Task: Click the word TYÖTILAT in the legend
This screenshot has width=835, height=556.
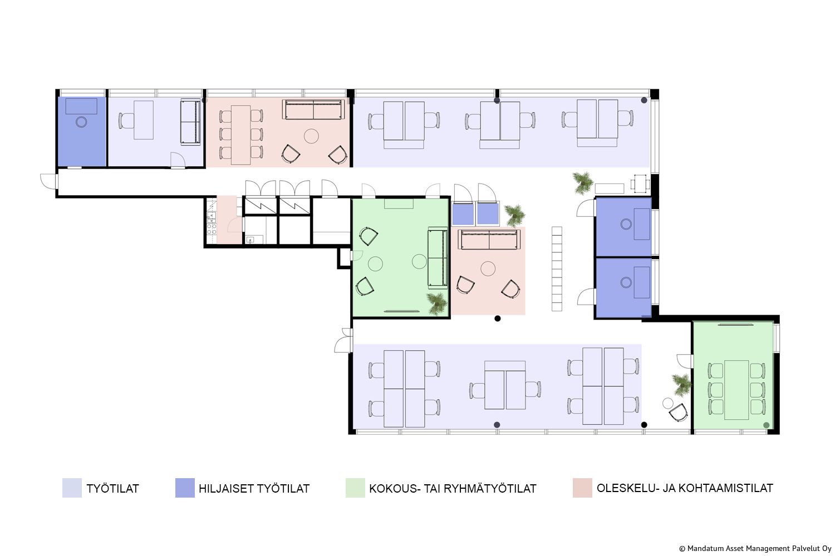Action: pyautogui.click(x=112, y=489)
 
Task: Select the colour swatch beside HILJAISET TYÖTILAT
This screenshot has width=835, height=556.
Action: pyautogui.click(x=185, y=488)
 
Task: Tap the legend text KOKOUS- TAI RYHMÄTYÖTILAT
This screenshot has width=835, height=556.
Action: pyautogui.click(x=453, y=489)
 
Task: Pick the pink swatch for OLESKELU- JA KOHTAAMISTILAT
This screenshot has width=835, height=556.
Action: pyautogui.click(x=582, y=488)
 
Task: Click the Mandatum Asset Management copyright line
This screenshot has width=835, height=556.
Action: pyautogui.click(x=755, y=549)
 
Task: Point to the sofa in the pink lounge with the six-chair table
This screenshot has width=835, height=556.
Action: pyautogui.click(x=313, y=110)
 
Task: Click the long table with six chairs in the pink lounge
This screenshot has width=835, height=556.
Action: pyautogui.click(x=240, y=135)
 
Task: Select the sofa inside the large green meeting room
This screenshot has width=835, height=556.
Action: pyautogui.click(x=438, y=257)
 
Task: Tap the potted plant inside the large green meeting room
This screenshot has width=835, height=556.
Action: pyautogui.click(x=437, y=303)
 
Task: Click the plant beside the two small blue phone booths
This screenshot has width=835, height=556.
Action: pyautogui.click(x=515, y=215)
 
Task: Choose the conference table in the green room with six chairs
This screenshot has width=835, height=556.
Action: pyautogui.click(x=736, y=390)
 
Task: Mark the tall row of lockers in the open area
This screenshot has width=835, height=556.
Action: pyautogui.click(x=557, y=269)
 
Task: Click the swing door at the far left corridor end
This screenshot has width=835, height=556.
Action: pyautogui.click(x=49, y=181)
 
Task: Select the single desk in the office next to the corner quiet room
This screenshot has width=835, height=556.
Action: pyautogui.click(x=144, y=120)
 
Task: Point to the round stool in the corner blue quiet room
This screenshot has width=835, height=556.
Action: pyautogui.click(x=81, y=122)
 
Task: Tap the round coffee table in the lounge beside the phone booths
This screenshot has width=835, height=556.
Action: pyautogui.click(x=488, y=269)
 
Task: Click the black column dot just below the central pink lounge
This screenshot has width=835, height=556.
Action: pyautogui.click(x=498, y=319)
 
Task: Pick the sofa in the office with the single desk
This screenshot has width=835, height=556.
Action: pyautogui.click(x=190, y=122)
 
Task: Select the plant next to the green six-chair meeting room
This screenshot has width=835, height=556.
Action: pyautogui.click(x=682, y=385)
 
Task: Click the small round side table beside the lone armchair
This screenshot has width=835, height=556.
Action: pyautogui.click(x=668, y=403)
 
